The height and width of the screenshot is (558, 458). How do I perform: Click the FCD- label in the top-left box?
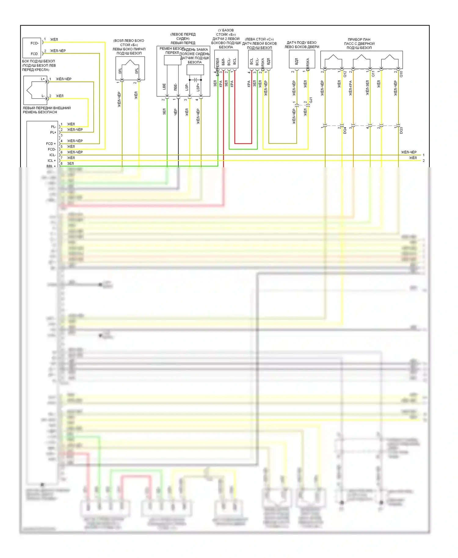34,43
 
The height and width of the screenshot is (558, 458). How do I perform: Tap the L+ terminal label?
43,79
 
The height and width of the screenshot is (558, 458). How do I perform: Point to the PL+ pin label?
53,132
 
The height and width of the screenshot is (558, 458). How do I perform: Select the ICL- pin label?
53,155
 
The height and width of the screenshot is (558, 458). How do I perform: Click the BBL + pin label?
51,166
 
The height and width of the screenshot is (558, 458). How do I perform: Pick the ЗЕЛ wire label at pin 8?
70,164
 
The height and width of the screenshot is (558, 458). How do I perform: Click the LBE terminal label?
164,87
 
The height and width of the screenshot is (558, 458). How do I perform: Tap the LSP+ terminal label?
198,87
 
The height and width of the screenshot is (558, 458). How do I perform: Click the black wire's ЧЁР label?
175,112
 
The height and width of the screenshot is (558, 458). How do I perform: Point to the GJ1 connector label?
311,100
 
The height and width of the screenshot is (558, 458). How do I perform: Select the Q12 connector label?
345,74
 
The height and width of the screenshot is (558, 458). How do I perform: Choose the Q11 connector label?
373,74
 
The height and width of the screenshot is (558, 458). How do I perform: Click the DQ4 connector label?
345,131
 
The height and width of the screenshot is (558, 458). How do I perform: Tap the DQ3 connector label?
401,131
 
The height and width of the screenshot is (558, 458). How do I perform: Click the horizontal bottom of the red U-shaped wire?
243,143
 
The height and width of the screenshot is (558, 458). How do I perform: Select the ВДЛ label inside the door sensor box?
296,62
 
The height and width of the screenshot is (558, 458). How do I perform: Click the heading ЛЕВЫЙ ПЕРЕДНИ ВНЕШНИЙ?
47,108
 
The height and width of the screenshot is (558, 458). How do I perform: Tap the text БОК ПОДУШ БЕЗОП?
38,61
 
